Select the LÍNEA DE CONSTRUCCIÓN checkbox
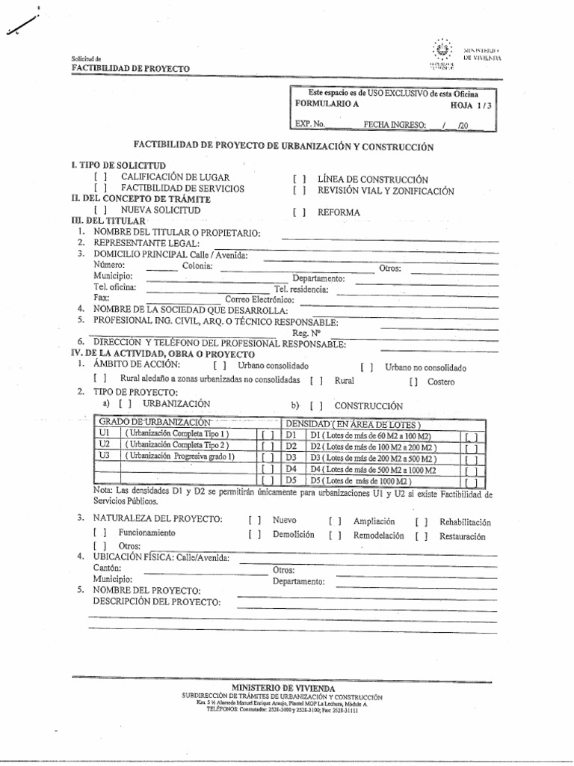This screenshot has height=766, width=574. click(300, 180)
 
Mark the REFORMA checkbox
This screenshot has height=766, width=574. click(300, 212)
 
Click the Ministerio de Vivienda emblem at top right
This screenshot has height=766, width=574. click(442, 50)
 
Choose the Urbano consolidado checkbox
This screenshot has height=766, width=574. click(220, 367)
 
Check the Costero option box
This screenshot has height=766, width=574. click(413, 382)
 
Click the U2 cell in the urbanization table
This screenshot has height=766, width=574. click(105, 445)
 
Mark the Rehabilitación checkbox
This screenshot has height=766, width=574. click(422, 521)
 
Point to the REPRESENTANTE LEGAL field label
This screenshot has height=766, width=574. click(146, 243)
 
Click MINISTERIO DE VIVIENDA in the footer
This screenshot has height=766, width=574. click(283, 687)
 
